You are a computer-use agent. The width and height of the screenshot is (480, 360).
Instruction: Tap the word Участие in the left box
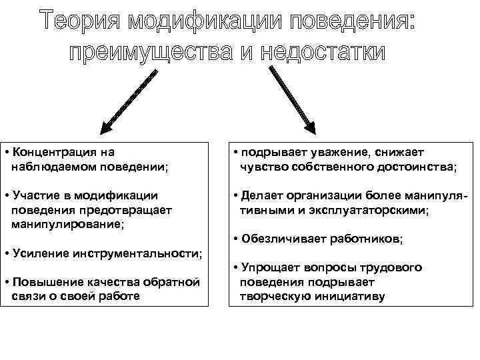tap(37, 196)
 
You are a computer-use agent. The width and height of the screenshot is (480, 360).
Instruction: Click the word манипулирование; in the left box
tap(67, 223)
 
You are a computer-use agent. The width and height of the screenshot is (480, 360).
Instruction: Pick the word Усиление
tap(41, 253)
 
